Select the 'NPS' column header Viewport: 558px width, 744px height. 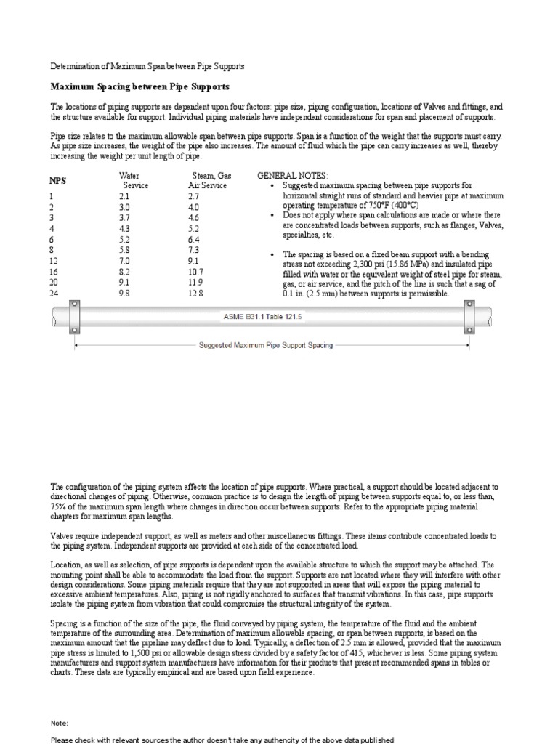tap(57, 180)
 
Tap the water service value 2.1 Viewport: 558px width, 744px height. tap(124, 196)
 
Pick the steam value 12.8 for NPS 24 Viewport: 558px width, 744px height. tap(195, 294)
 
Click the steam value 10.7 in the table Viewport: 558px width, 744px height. tap(195, 272)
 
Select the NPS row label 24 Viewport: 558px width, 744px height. tap(54, 294)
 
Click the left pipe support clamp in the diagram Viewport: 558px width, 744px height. tap(73, 318)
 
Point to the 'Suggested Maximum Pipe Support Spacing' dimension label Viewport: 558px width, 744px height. tap(266, 345)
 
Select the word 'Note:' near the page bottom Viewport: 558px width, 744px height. tap(60, 724)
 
